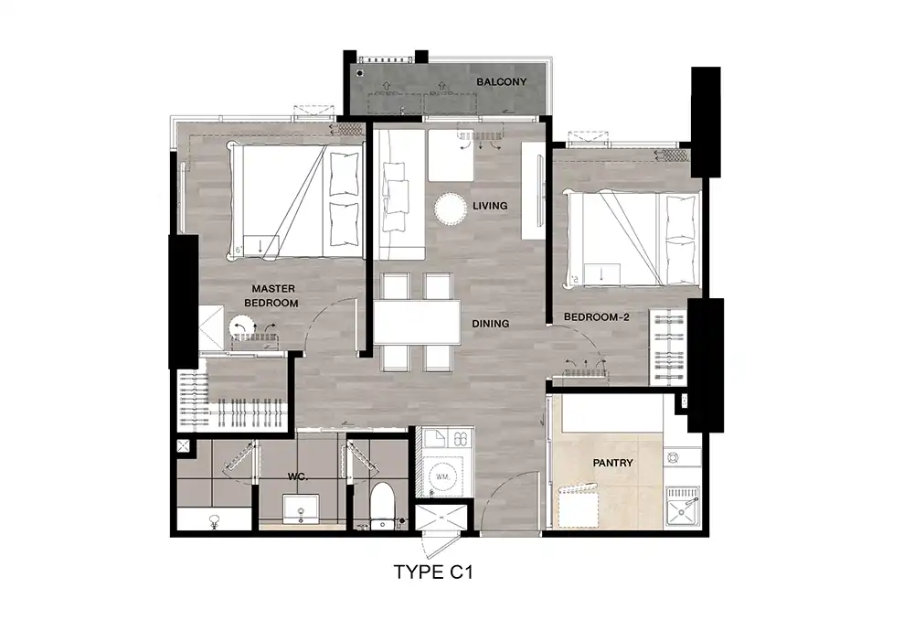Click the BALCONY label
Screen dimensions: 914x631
coord(501,82)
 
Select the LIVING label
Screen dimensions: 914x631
coord(490,206)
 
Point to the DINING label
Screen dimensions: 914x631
coord(490,324)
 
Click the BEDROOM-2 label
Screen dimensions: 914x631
coord(596,317)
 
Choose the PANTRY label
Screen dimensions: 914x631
coord(612,463)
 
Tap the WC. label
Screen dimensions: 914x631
coord(297,477)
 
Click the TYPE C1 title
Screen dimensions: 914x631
coord(433,572)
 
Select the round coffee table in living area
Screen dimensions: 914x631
coord(451,209)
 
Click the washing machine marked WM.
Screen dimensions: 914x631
coord(442,476)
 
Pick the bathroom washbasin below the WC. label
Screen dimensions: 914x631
coord(301,509)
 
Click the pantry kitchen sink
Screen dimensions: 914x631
coord(683,507)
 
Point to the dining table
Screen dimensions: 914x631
coord(417,322)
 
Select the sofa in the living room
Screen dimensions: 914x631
coord(399,195)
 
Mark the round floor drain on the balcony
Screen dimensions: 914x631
coord(360,73)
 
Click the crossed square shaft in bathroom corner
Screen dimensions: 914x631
coord(183,446)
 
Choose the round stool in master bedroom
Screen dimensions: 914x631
coord(241,326)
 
